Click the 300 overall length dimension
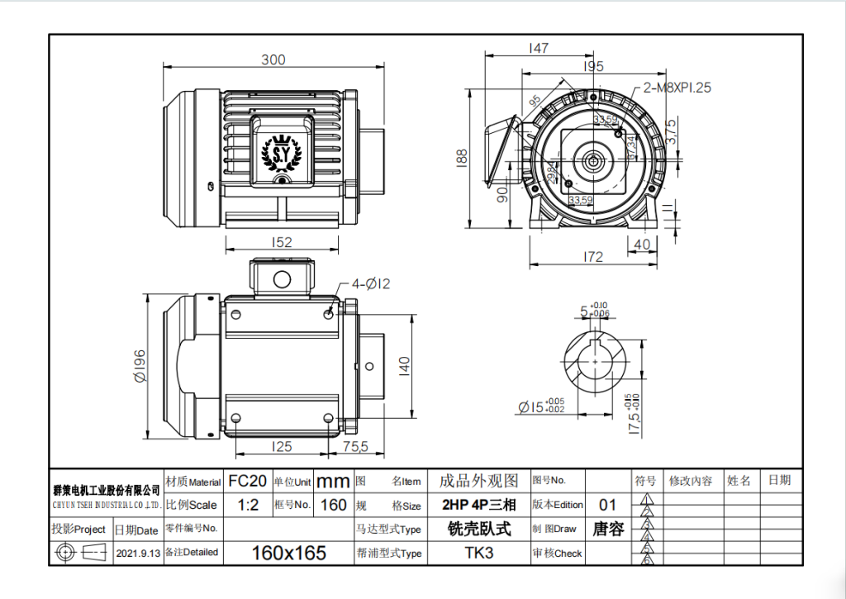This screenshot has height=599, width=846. (x=273, y=59)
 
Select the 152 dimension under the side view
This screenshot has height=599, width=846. (x=282, y=243)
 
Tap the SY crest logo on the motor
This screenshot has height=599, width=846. (x=282, y=153)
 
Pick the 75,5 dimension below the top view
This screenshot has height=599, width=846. (x=355, y=447)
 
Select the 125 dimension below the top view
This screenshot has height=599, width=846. (x=282, y=447)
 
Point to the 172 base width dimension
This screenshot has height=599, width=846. (x=593, y=257)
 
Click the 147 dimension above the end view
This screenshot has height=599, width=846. (x=538, y=49)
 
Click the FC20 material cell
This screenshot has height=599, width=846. (x=247, y=481)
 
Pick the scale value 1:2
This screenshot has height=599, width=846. (x=247, y=505)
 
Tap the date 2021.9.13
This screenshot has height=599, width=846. (x=137, y=553)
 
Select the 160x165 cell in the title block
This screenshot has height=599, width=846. (x=288, y=553)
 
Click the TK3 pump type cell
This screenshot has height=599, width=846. (x=479, y=553)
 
